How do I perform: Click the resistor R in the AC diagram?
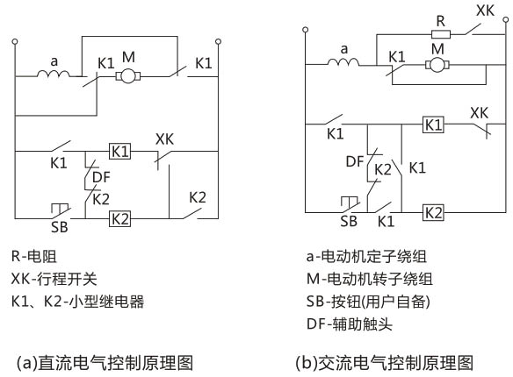click(x=441, y=35)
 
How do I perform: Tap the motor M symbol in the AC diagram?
click(x=437, y=64)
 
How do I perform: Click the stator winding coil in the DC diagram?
click(x=54, y=75)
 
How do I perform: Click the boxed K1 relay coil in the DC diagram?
click(x=119, y=151)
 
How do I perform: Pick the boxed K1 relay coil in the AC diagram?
click(x=433, y=124)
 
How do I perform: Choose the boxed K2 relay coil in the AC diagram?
click(x=433, y=211)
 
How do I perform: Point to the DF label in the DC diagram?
click(x=101, y=176)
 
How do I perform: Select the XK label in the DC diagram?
click(x=164, y=139)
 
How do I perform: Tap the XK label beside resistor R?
click(x=485, y=12)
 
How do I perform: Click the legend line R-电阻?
click(x=40, y=259)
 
